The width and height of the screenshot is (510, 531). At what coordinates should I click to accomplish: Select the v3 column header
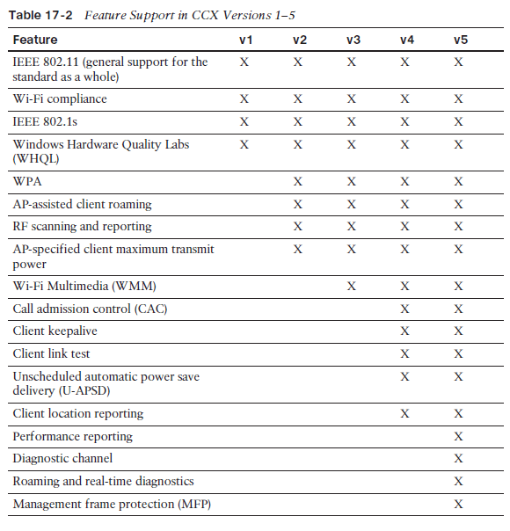point(353,40)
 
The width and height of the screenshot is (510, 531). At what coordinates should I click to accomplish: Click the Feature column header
point(35,40)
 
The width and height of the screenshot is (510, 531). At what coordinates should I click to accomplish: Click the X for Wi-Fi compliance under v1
point(244,99)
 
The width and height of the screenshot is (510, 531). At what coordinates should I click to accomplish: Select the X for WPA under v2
point(298,181)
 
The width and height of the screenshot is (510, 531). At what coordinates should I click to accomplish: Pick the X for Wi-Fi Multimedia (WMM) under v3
point(352,286)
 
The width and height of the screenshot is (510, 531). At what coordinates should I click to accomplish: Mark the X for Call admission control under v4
point(404,309)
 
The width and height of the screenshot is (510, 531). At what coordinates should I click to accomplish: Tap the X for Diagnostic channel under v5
point(458,458)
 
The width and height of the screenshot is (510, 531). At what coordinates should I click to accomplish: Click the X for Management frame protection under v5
point(458,504)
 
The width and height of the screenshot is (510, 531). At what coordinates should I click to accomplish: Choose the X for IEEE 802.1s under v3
point(352,121)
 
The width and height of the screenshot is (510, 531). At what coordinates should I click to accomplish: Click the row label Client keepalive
point(55,331)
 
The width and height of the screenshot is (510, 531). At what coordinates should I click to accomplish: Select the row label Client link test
point(51,353)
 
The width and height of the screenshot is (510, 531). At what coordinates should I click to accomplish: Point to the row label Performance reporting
point(72,436)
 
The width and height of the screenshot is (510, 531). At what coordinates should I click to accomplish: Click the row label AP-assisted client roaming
point(82,204)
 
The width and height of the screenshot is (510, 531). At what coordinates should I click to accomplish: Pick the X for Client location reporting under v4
point(404,413)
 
